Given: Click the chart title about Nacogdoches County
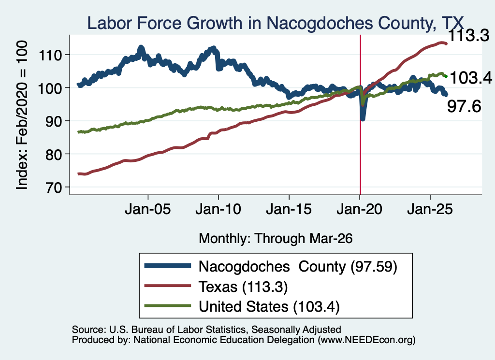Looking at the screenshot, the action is [x=275, y=23].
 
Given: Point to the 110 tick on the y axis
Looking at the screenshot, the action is [x=50, y=56].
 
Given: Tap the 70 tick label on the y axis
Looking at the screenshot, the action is [x=53, y=187].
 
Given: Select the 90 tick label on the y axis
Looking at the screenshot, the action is [x=53, y=121].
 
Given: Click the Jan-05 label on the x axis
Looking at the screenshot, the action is [x=148, y=209].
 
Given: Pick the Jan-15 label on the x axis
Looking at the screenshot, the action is [x=289, y=209].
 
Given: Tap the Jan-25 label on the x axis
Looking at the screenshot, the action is [x=430, y=209].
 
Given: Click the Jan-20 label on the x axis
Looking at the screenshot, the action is [x=360, y=209].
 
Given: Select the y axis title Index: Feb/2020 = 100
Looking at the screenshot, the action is [x=22, y=115].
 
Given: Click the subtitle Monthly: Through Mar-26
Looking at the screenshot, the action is [x=275, y=239].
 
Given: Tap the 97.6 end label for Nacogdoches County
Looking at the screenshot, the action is [x=464, y=106].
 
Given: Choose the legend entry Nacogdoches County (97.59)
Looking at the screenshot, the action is [x=298, y=267].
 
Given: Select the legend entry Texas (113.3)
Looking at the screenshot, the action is [x=243, y=287].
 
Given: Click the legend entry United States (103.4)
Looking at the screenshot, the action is [x=269, y=307].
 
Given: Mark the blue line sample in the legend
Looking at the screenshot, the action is [x=168, y=266].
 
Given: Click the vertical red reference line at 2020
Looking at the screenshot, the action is [x=360, y=115].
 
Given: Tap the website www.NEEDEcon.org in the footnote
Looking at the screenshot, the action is [x=366, y=340].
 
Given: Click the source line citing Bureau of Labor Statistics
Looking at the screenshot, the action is [x=206, y=330].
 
